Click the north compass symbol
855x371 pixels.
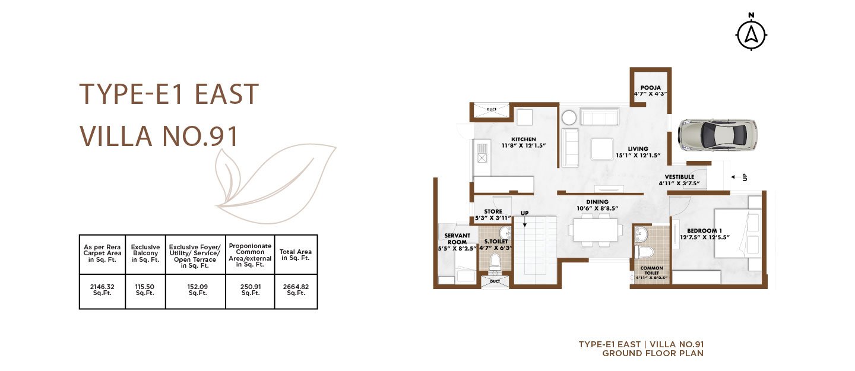click(751, 34)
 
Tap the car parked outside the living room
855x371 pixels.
click(717, 135)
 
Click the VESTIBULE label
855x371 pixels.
click(679, 177)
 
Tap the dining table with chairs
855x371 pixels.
click(596, 230)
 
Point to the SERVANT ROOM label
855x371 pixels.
click(457, 239)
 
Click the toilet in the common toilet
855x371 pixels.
click(644, 252)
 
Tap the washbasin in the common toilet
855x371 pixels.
click(643, 234)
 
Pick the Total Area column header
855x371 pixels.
click(296, 255)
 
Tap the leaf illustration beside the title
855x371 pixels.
click(274, 183)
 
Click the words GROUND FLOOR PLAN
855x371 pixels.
click(653, 353)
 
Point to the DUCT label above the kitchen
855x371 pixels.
click(491, 110)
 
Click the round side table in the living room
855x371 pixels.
click(569, 118)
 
